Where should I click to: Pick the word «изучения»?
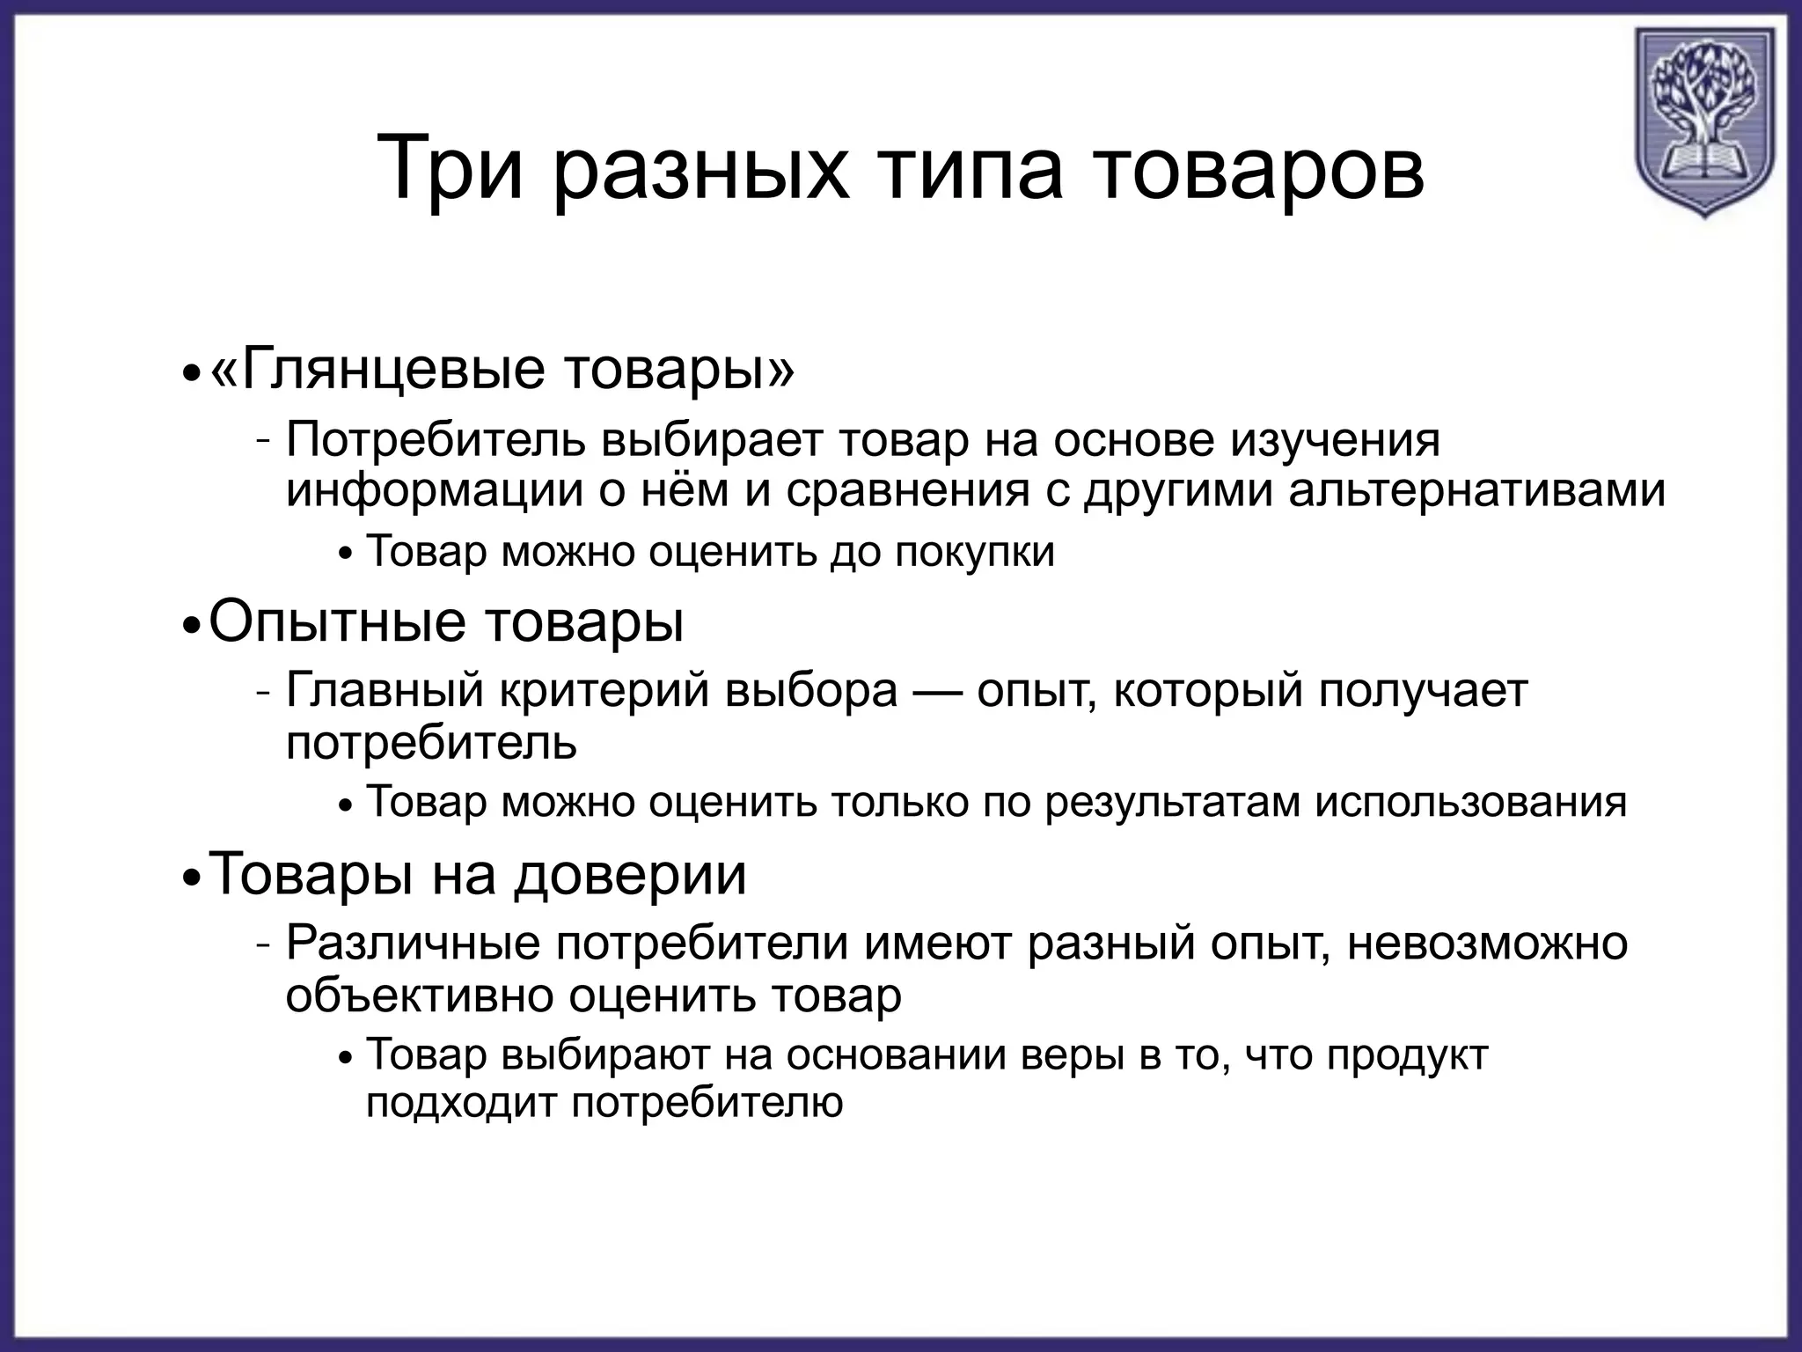click(x=1335, y=439)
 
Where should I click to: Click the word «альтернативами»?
click(x=1477, y=490)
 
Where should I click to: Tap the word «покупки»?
click(x=975, y=553)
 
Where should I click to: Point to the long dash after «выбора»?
click(x=938, y=692)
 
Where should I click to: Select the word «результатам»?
click(x=1172, y=803)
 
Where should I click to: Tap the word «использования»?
click(x=1470, y=803)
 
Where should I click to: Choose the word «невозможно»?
click(x=1488, y=944)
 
